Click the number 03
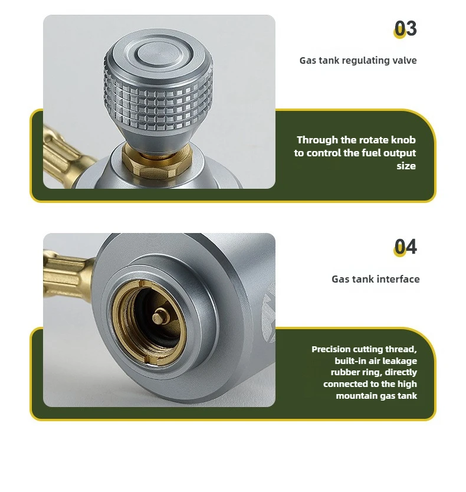(x=405, y=28)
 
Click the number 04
(x=405, y=247)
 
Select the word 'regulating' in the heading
(x=366, y=61)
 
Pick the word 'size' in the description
(x=406, y=166)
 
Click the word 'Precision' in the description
(x=331, y=349)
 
